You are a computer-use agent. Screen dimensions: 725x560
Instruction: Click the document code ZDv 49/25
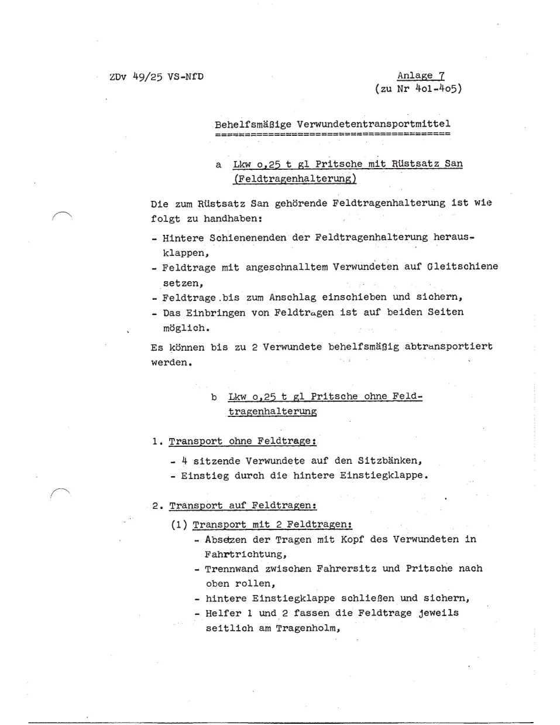[x=136, y=77]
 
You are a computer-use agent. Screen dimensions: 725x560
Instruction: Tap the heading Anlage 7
[x=421, y=76]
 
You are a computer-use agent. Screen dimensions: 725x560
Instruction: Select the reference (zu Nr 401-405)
[x=418, y=89]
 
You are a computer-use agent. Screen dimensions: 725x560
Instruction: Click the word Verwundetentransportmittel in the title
[x=373, y=124]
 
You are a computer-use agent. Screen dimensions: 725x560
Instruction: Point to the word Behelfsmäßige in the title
[x=253, y=124]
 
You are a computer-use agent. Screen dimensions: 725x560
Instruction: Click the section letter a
[x=218, y=165]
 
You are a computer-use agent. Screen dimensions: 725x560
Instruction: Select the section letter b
[x=214, y=397]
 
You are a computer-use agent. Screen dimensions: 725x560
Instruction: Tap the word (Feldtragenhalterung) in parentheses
[x=294, y=179]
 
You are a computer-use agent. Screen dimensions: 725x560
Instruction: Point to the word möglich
[x=185, y=328]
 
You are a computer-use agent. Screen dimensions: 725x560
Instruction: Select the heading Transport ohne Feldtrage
[x=242, y=442]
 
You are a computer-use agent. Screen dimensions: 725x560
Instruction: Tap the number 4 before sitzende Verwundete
[x=184, y=461]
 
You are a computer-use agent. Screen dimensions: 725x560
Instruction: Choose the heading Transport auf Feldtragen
[x=243, y=505]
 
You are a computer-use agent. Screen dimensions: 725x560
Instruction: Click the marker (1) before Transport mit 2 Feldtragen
[x=179, y=525]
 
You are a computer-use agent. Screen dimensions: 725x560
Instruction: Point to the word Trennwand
[x=232, y=569]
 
